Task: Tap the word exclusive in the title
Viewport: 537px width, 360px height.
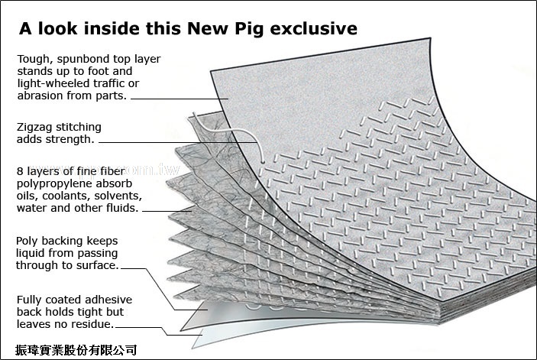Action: (319, 29)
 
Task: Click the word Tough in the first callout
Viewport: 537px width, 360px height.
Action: (34, 59)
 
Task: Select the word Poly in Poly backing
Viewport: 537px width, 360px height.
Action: (28, 241)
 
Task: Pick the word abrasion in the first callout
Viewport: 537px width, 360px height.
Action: (38, 96)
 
